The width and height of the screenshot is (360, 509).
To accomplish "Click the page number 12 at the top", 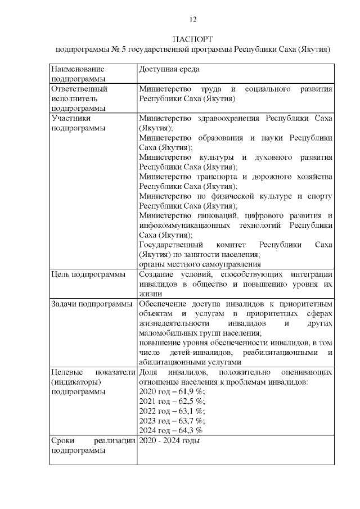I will [x=192, y=20].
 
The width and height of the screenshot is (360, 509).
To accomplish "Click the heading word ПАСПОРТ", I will [x=192, y=39].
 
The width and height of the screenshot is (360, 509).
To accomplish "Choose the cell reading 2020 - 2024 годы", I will [x=169, y=440].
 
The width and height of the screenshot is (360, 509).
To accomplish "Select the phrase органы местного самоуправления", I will [x=200, y=264].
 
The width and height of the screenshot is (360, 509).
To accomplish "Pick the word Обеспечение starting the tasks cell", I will [x=164, y=304].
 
